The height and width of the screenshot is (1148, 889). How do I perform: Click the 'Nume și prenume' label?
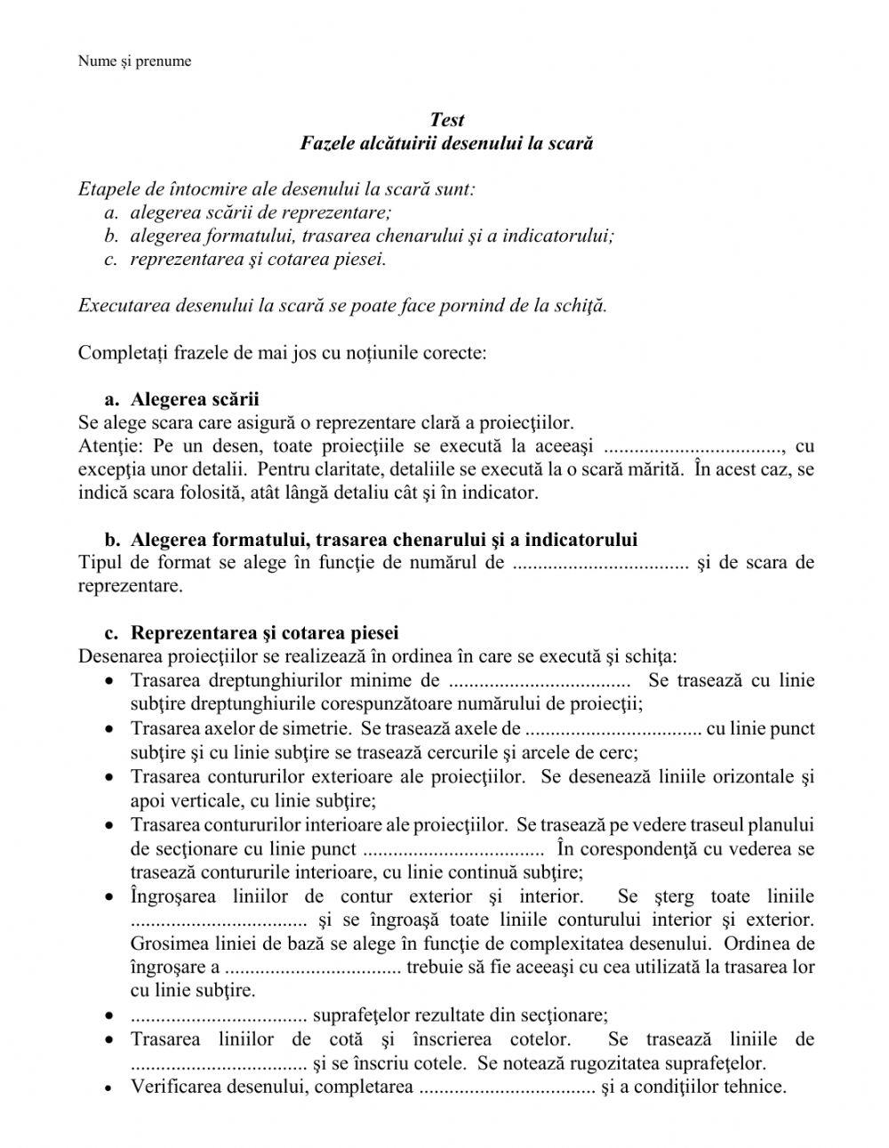134,61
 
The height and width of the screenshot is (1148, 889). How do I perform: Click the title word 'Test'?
446,120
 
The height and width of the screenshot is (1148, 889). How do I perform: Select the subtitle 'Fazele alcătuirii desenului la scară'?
446,143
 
